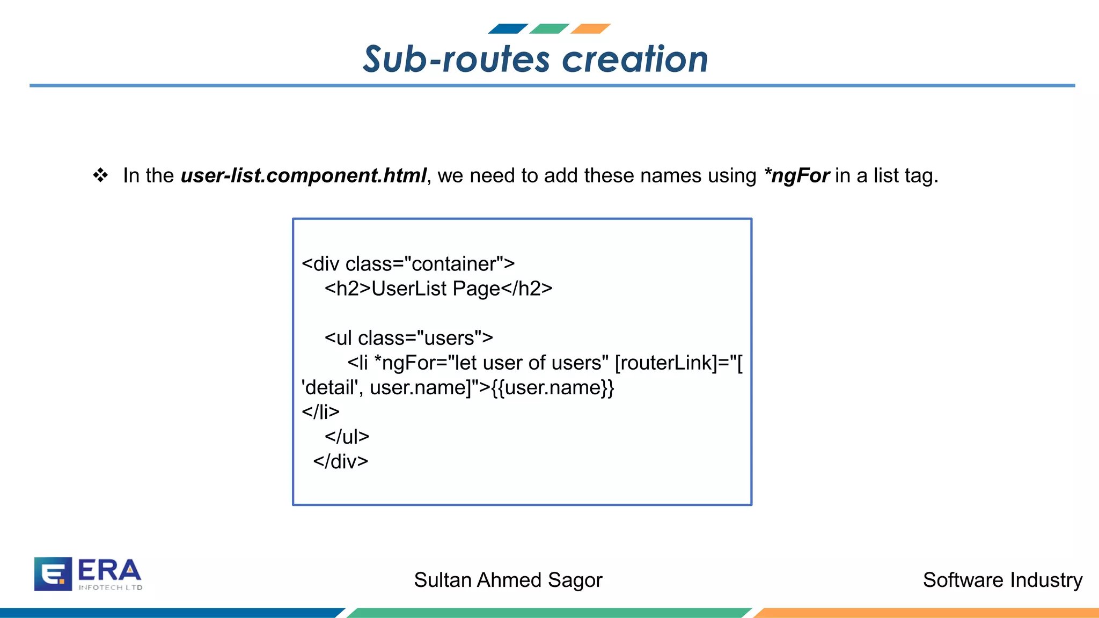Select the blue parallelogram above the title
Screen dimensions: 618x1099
click(x=508, y=29)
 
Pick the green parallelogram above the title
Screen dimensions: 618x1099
click(x=549, y=29)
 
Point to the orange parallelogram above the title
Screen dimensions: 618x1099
click(x=590, y=29)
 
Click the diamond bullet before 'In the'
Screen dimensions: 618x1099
click(x=100, y=175)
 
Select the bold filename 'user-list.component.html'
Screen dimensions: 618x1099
click(x=303, y=176)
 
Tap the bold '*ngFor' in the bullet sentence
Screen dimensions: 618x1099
click(x=797, y=176)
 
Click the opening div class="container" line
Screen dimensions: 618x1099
click(x=408, y=264)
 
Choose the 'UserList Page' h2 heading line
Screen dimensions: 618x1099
click(x=438, y=289)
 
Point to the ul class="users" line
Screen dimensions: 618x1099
click(x=408, y=338)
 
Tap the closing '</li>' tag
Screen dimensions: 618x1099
click(x=320, y=412)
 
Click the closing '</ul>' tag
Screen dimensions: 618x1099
click(x=347, y=437)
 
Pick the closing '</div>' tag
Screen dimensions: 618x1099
click(x=341, y=461)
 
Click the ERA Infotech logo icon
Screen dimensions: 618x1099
click(x=53, y=573)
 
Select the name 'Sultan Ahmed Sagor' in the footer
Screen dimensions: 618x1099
click(x=508, y=580)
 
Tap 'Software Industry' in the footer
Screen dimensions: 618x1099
click(x=1002, y=580)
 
